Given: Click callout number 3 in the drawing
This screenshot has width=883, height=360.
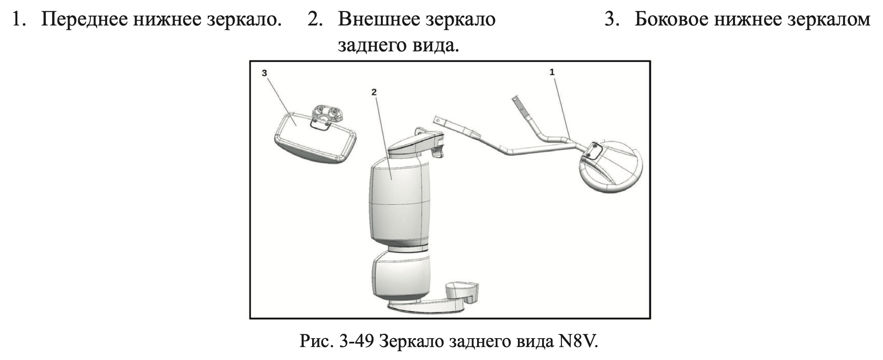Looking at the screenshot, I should click(x=264, y=73).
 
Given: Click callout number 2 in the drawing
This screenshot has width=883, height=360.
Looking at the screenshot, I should click(x=374, y=92).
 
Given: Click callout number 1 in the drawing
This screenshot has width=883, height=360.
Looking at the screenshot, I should click(x=552, y=72).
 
